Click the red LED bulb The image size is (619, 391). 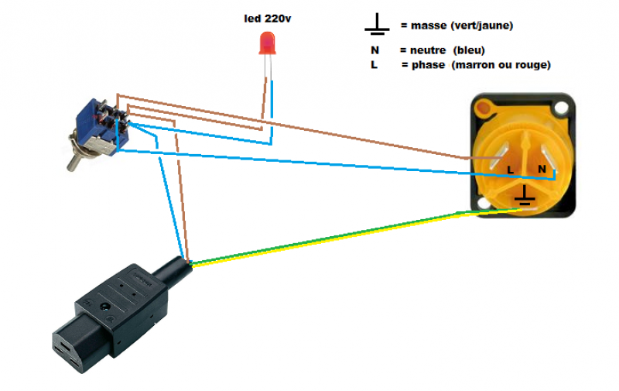(267, 43)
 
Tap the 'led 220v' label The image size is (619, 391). (267, 17)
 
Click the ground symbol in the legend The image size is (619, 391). (377, 26)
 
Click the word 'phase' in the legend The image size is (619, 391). (428, 65)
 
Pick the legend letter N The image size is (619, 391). (374, 50)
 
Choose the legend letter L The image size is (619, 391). (374, 65)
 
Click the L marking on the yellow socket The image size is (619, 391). (509, 169)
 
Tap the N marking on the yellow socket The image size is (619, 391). (542, 168)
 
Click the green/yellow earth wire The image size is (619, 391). (325, 236)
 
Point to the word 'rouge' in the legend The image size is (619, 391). (531, 65)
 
